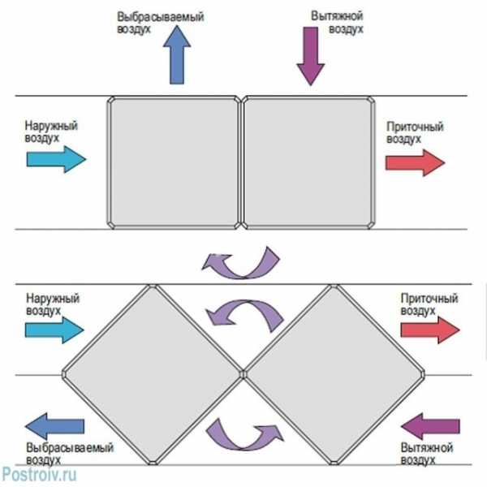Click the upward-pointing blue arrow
(175, 57)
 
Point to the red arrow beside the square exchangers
(414, 162)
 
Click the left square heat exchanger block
(174, 162)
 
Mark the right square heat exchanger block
(309, 162)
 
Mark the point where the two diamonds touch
(243, 374)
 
